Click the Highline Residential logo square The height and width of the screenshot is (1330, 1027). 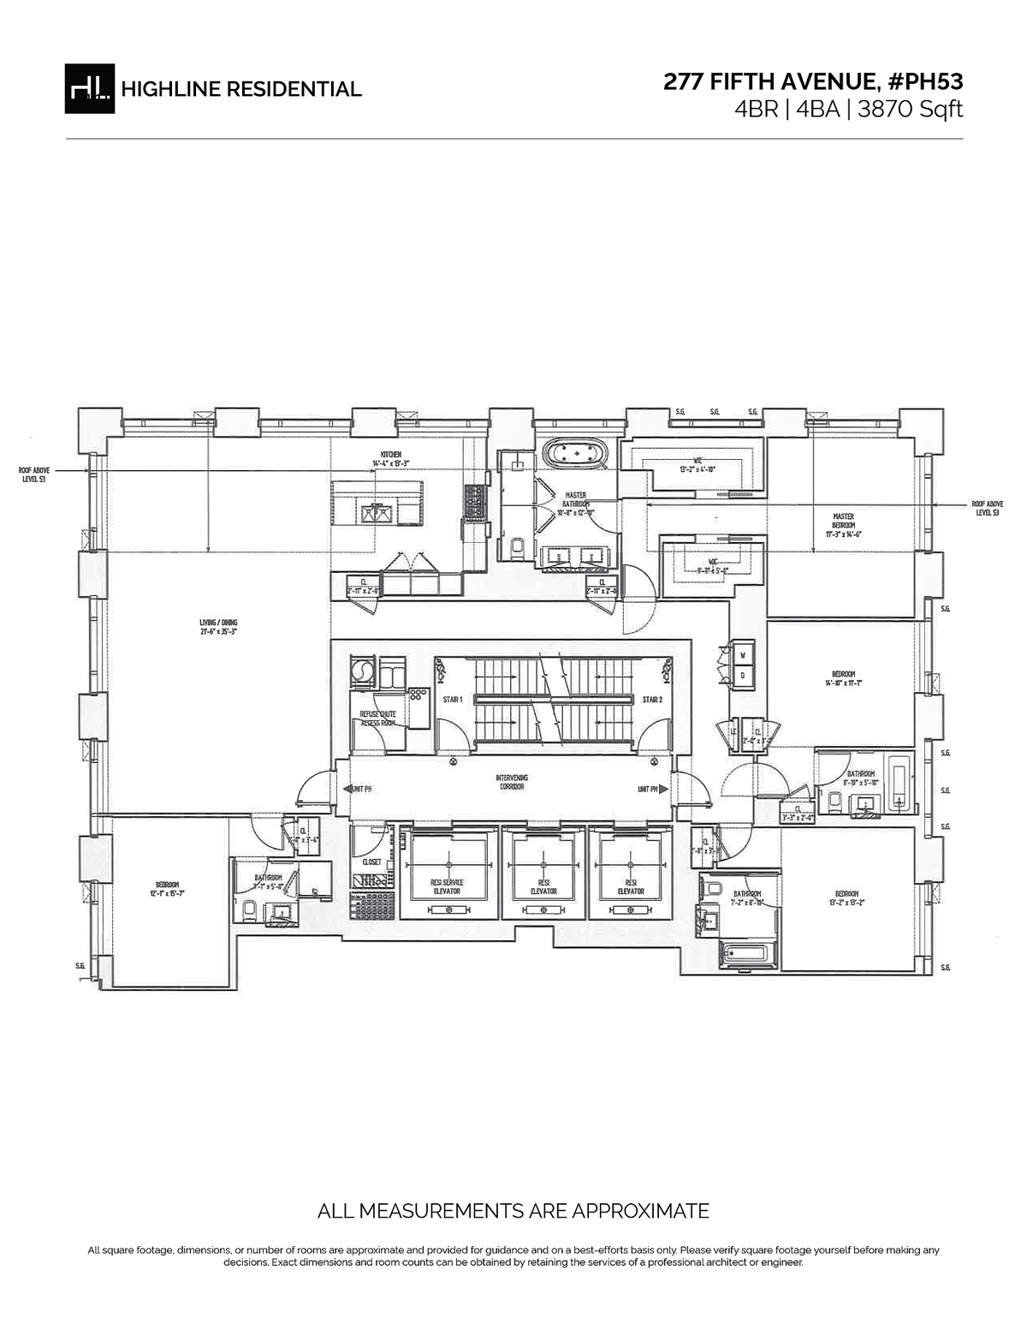coord(89,88)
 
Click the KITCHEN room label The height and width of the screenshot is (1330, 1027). coord(391,454)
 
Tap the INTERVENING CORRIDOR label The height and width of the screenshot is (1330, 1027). coord(512,781)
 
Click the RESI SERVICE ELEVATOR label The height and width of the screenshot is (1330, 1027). coord(448,886)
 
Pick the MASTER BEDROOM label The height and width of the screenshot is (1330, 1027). coord(843,521)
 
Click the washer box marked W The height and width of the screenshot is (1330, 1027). coord(741,656)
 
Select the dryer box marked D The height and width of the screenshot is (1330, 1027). coord(741,675)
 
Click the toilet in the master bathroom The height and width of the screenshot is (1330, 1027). coord(515,546)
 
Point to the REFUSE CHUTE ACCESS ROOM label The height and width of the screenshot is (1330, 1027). coord(377,719)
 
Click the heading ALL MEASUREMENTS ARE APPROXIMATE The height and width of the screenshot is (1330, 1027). coord(513,1211)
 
